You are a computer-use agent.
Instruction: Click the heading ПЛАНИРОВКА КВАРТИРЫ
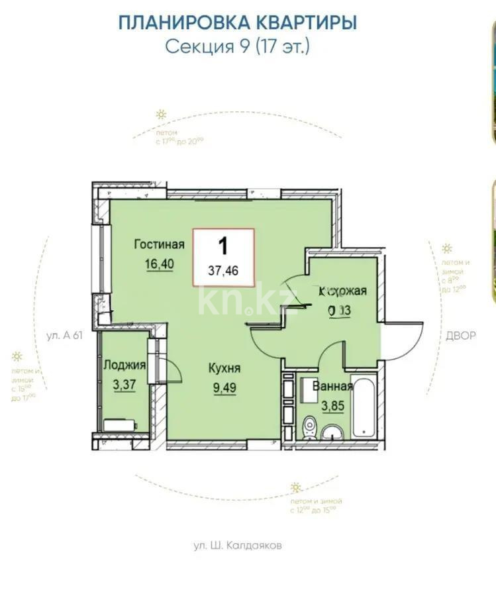[x=237, y=23]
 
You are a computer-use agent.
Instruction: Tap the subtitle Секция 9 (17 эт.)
[x=237, y=47]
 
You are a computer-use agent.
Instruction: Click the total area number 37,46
[x=223, y=270]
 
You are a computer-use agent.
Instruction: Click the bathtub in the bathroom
[x=366, y=407]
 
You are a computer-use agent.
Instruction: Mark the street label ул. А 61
[x=64, y=335]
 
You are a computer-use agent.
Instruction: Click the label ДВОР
[x=460, y=335]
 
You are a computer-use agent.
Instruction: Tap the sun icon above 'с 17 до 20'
[x=160, y=115]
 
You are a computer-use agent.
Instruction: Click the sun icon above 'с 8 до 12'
[x=428, y=249]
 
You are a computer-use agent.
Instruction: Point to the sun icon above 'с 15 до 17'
[x=16, y=356]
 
